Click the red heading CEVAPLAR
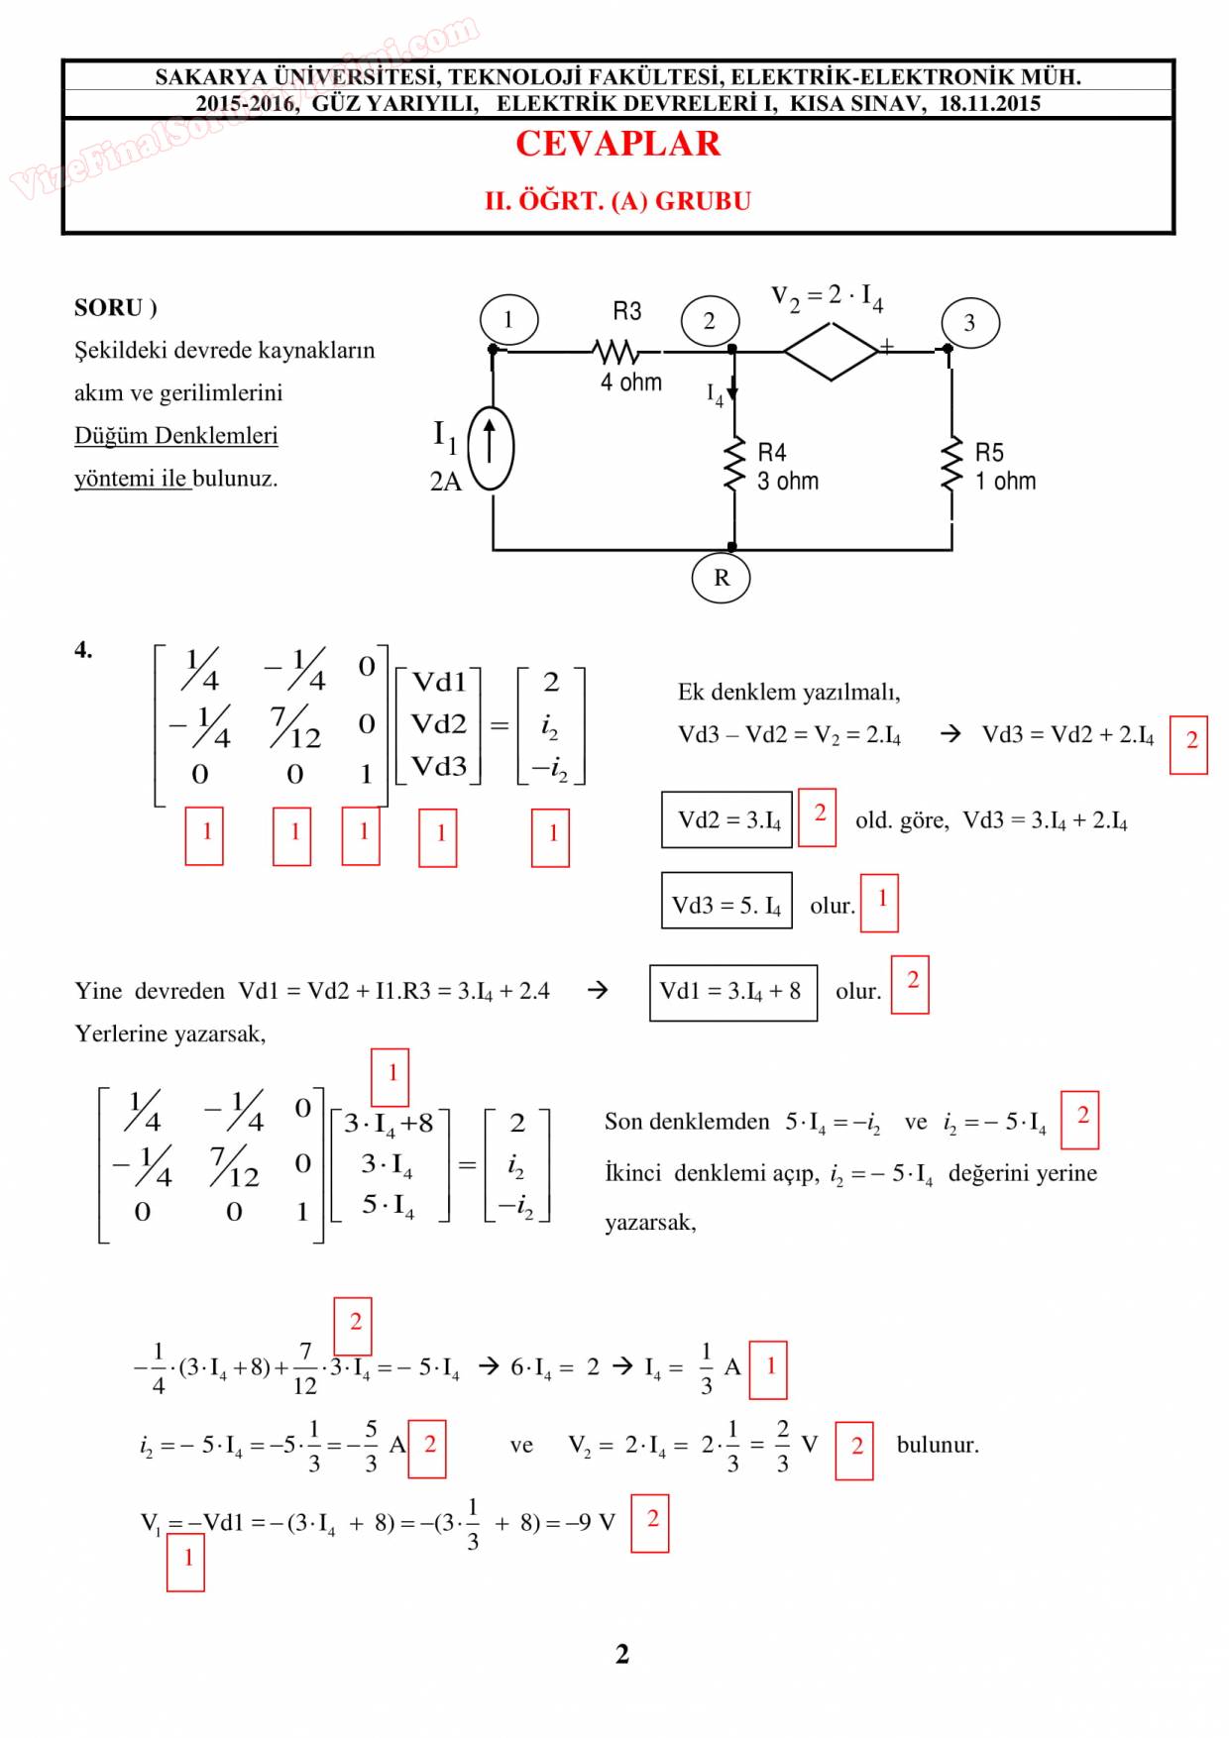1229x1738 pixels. click(x=617, y=145)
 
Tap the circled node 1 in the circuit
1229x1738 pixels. click(x=508, y=320)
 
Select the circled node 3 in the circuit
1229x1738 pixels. click(x=969, y=323)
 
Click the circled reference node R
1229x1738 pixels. click(x=721, y=578)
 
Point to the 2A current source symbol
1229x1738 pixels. click(x=491, y=449)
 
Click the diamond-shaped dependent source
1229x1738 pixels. click(x=831, y=350)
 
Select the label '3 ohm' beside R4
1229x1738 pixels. click(x=788, y=482)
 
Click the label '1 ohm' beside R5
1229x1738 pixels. click(x=1005, y=482)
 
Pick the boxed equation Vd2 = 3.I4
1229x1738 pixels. click(x=726, y=819)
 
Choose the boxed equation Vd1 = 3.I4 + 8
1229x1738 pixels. click(x=732, y=992)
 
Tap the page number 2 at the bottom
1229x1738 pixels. click(x=621, y=1654)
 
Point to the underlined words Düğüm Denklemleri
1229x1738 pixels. click(x=175, y=436)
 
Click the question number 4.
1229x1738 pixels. click(x=84, y=650)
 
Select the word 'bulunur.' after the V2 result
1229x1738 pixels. click(x=938, y=1445)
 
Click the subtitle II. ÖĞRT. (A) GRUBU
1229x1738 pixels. click(x=617, y=201)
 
